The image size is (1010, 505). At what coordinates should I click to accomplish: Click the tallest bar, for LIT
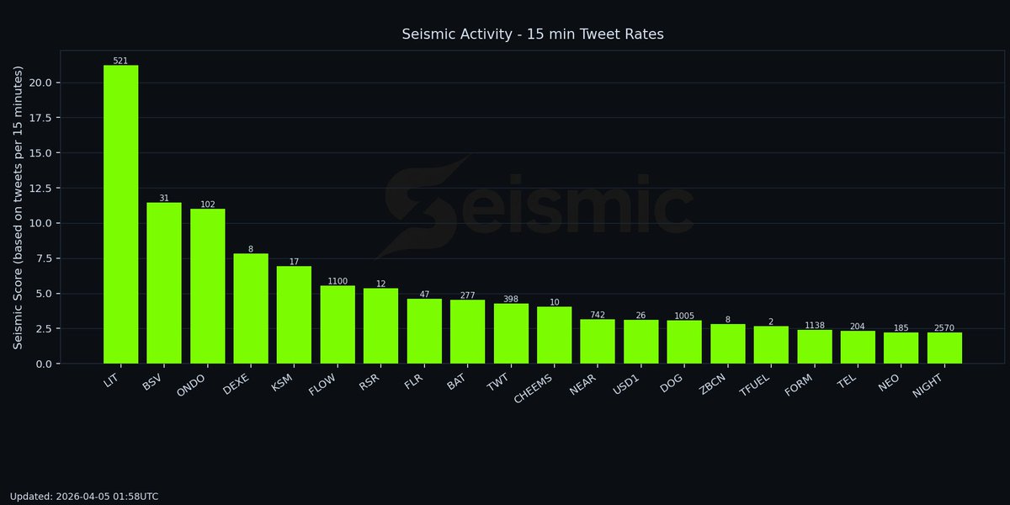[120, 215]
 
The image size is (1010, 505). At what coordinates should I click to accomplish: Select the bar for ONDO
[207, 286]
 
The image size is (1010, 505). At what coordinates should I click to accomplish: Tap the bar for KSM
[294, 315]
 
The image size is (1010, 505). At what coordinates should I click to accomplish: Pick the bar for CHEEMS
[554, 335]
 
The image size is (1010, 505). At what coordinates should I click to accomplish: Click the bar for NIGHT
[944, 348]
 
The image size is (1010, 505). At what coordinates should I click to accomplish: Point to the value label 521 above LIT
[120, 61]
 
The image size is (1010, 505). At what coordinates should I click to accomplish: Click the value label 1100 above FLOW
[338, 281]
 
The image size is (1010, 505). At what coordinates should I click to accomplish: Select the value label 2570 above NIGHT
[944, 328]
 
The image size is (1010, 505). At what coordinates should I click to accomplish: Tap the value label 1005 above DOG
[684, 316]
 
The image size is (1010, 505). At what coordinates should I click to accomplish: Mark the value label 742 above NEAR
[598, 315]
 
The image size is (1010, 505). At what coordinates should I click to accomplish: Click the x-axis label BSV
[152, 385]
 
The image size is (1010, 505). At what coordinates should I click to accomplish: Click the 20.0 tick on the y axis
[40, 82]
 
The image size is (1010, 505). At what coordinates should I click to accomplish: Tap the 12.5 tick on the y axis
[40, 188]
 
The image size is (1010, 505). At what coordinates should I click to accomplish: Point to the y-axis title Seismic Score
[18, 207]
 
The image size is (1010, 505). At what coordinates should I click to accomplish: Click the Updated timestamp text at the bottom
[84, 497]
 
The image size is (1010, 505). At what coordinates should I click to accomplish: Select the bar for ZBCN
[727, 343]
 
